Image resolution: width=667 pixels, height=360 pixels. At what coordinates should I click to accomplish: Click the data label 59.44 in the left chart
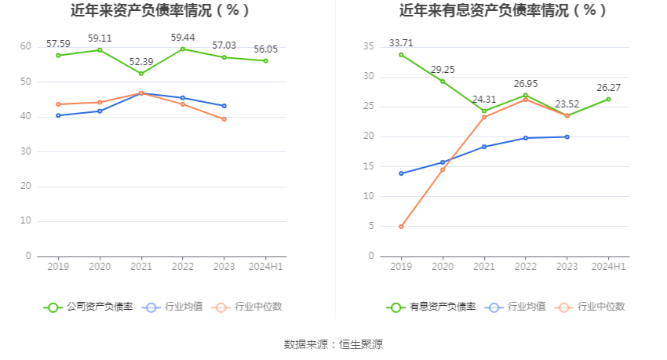(182, 37)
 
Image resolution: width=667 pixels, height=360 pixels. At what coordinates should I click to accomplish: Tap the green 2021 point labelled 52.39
(141, 74)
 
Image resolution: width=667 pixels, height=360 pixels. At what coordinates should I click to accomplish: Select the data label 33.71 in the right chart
(401, 42)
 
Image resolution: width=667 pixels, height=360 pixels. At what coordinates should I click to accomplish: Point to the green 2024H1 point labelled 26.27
(608, 99)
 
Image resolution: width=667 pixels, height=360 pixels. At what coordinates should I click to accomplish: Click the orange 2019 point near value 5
(401, 227)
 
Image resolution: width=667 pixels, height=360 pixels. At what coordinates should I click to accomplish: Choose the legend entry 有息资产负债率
(432, 307)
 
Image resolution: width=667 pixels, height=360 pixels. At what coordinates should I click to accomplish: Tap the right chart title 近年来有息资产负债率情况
(503, 10)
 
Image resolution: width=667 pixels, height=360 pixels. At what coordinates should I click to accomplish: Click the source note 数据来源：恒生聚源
(333, 344)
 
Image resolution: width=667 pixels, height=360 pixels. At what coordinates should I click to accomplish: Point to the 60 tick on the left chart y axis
(26, 47)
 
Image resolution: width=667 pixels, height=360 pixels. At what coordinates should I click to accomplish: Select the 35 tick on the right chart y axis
(368, 47)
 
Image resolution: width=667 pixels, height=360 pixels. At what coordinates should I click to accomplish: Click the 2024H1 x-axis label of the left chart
(265, 267)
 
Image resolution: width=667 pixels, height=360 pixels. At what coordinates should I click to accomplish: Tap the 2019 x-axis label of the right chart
(401, 267)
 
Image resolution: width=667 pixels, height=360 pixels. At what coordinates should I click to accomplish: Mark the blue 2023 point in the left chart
(224, 106)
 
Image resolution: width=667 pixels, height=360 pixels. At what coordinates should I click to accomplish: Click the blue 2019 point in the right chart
(401, 173)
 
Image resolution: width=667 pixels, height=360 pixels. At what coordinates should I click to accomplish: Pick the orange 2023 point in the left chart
(224, 119)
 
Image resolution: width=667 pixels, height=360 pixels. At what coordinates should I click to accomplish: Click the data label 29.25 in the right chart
(443, 69)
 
